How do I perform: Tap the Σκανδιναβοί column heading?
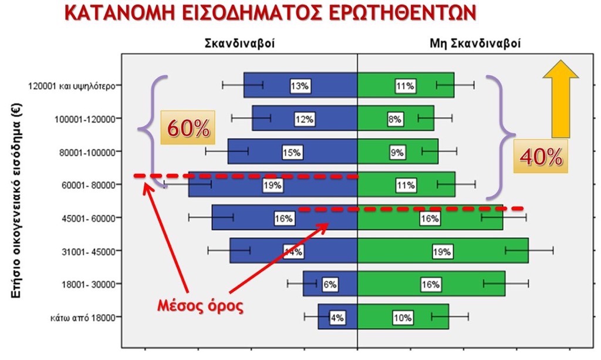point(239,43)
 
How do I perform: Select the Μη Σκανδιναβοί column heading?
point(475,43)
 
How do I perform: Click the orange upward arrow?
point(561,99)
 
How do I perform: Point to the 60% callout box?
point(188,127)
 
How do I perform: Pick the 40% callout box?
point(541,156)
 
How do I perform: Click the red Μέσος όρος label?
point(201,305)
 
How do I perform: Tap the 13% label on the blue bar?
point(299,86)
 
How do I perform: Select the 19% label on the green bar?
point(441,252)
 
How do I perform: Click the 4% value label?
point(337,318)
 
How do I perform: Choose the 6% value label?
point(330,284)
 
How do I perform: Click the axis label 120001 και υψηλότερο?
point(72,86)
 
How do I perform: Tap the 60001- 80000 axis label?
point(89,185)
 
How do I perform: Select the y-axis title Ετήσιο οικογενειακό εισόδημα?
point(16,200)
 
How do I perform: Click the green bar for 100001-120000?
point(396,119)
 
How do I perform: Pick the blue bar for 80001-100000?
point(292,152)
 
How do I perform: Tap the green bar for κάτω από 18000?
point(403,317)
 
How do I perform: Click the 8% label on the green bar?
point(394,119)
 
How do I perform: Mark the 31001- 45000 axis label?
point(89,251)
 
